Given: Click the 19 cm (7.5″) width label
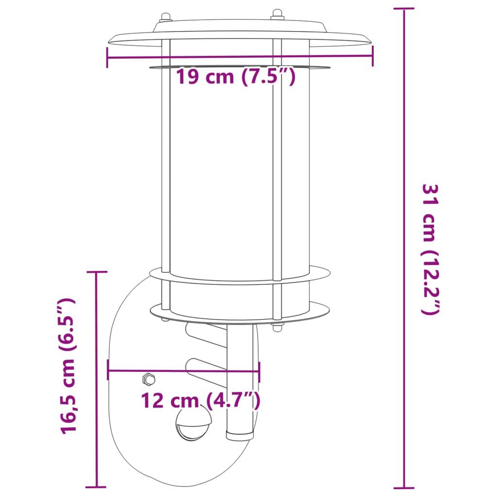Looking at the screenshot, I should [x=235, y=77].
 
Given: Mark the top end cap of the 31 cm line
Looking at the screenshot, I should [x=404, y=9].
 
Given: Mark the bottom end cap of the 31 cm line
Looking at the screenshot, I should [x=404, y=487].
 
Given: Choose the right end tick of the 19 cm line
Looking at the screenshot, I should [x=372, y=54].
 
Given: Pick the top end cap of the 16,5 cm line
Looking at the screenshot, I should [x=97, y=272].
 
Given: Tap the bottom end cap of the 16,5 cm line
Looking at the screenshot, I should [x=97, y=486].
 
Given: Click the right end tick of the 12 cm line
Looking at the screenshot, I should [x=259, y=372].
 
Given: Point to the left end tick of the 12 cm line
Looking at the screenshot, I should [x=108, y=372].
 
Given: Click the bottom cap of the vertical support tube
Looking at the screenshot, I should [x=240, y=434].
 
